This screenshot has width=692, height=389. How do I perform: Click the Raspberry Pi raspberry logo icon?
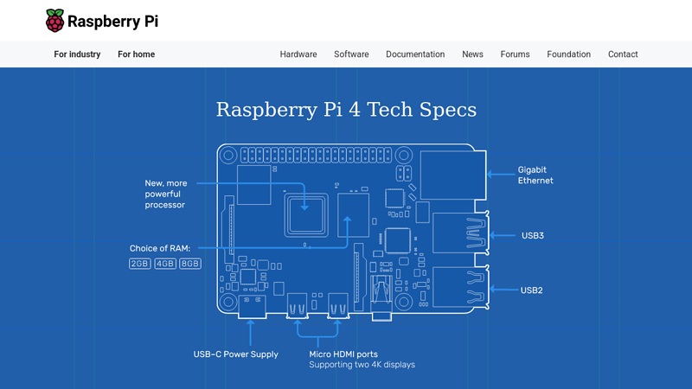tap(54, 21)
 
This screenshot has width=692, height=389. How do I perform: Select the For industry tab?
tap(77, 54)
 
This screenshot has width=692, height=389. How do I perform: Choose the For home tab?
tap(137, 54)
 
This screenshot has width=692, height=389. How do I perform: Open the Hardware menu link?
tap(298, 54)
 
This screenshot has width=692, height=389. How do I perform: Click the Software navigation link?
tap(351, 54)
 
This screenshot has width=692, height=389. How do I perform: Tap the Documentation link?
tap(415, 54)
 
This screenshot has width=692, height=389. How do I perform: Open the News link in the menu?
tap(472, 54)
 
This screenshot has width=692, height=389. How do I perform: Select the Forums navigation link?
tap(515, 54)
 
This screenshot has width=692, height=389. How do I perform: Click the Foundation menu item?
tap(568, 54)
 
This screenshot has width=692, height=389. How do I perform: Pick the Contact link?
tap(623, 54)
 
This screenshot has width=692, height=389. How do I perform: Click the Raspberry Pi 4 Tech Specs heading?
tap(346, 110)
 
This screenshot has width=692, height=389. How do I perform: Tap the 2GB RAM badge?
tap(139, 264)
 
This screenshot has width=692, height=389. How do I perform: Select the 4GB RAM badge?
tap(165, 264)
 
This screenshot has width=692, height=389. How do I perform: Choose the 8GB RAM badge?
tap(190, 264)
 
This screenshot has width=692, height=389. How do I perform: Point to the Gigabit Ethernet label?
tap(535, 175)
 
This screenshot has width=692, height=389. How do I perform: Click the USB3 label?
tap(532, 235)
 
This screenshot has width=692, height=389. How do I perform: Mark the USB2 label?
tap(532, 290)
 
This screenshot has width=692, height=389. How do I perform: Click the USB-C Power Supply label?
tap(235, 354)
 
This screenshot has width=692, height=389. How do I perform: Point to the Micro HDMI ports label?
tap(343, 354)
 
